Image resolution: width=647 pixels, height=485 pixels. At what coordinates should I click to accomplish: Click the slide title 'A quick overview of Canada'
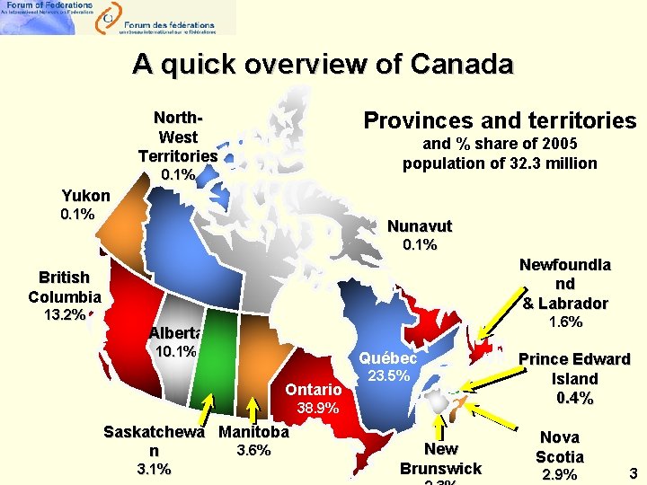[323, 65]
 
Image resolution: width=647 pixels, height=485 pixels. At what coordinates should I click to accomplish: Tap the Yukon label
[85, 196]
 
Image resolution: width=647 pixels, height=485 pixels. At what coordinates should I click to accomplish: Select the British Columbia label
[64, 287]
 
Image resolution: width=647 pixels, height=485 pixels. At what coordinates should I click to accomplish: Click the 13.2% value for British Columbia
[64, 315]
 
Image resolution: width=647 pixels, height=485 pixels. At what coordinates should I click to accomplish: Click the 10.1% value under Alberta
[176, 351]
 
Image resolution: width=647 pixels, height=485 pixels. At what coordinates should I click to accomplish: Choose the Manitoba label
[253, 432]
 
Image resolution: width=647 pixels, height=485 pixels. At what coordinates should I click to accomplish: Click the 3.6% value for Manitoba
[253, 451]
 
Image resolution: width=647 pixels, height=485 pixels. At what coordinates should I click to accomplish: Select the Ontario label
[314, 390]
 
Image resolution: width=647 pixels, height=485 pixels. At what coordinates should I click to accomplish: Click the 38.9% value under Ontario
[318, 408]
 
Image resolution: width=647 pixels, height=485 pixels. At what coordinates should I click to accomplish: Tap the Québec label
[388, 358]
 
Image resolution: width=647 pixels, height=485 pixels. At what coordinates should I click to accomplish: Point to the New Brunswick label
[440, 459]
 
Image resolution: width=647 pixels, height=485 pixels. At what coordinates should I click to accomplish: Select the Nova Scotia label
[560, 446]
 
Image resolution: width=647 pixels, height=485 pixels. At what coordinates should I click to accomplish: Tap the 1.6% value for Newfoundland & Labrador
[565, 322]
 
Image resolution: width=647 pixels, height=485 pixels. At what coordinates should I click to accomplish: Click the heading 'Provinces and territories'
[499, 120]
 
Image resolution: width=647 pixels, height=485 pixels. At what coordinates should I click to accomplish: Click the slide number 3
[632, 472]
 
